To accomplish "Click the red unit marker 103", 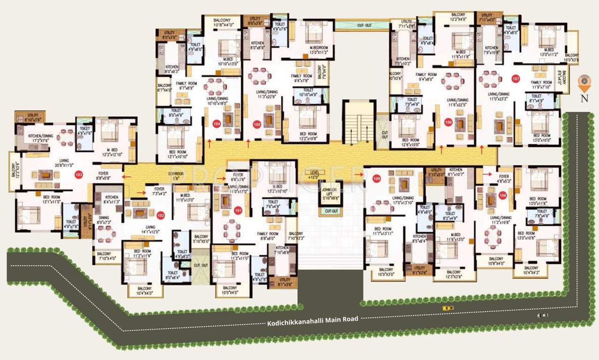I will coord(79,175).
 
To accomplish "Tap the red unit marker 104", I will coord(216,124).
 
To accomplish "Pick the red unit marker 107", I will coord(516,79).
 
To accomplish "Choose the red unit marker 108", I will coord(503,195).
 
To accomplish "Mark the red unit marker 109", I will coord(376,178).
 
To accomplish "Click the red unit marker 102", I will coord(161,216).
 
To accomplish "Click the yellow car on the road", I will coord(448,308).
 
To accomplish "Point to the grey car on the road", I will coord(543,315).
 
